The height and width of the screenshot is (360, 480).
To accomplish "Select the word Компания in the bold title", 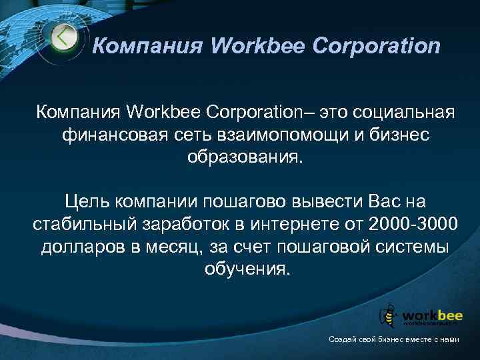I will point(138,46).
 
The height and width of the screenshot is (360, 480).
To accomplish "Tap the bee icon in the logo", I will point(388,314).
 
